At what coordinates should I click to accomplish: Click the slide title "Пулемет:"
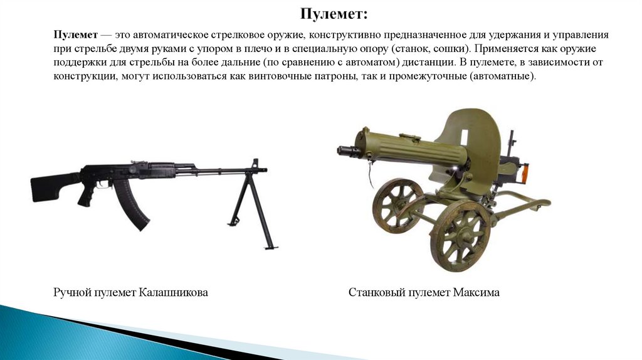[x=333, y=14]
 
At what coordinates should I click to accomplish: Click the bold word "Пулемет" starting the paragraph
[x=73, y=35]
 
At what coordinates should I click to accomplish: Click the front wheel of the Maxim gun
[x=463, y=235]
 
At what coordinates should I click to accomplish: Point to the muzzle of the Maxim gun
[x=342, y=151]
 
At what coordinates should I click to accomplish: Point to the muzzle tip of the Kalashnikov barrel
[x=264, y=169]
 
